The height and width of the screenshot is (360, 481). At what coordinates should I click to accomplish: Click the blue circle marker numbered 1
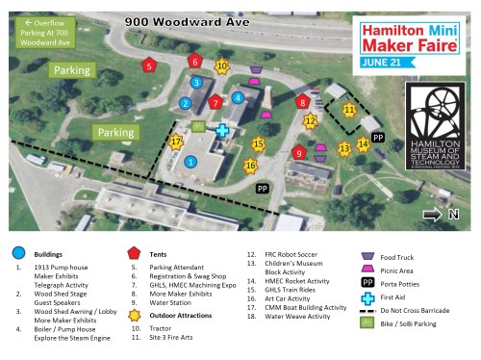[x=190, y=163]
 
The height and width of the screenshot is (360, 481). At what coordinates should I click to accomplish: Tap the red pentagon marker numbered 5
[x=148, y=66]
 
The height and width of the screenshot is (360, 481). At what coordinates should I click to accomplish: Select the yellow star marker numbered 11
[x=349, y=110]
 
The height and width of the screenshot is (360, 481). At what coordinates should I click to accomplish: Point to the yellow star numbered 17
[x=175, y=141]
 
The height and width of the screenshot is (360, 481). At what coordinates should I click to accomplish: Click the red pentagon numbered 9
[x=299, y=152]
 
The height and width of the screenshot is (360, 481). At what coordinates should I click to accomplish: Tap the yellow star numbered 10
[x=221, y=66]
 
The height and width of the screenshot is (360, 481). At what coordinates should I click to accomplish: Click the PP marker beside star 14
[x=378, y=138]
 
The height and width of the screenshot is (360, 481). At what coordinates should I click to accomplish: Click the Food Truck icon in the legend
[x=365, y=257]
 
